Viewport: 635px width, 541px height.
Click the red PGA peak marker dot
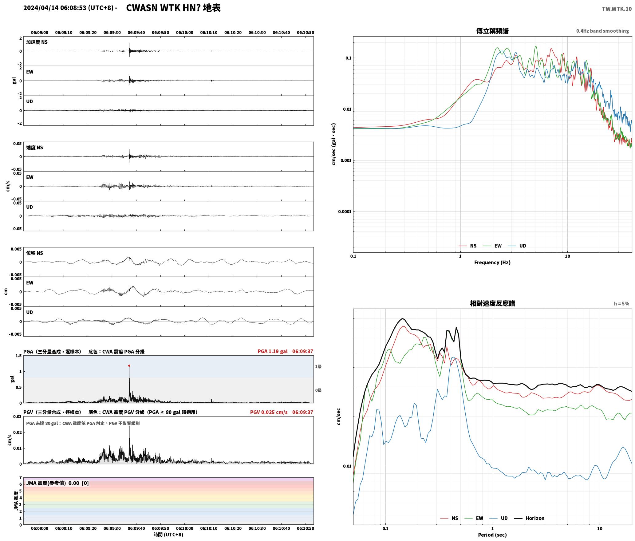[129, 365]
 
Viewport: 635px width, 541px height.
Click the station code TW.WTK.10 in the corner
[617, 9]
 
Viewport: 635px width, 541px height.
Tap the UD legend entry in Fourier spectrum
[517, 246]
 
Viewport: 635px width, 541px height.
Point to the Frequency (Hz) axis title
[492, 262]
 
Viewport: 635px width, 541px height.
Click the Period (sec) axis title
[492, 535]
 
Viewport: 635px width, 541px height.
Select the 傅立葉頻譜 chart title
[492, 31]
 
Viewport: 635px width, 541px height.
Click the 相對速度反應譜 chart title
[492, 303]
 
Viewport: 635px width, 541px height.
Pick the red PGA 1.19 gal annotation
[272, 351]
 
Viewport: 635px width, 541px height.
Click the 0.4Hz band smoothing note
[602, 31]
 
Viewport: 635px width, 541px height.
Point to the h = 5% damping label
[621, 304]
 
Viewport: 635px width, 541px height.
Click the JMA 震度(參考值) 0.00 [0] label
[57, 483]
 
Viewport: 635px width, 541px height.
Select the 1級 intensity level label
[318, 366]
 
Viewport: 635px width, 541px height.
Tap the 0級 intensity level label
[318, 390]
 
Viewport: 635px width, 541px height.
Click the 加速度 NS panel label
[37, 42]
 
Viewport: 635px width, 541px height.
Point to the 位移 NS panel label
[34, 253]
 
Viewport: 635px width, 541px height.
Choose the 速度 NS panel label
[34, 148]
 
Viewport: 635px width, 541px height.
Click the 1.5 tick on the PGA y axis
[18, 356]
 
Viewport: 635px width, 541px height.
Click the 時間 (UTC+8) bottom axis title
[168, 535]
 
